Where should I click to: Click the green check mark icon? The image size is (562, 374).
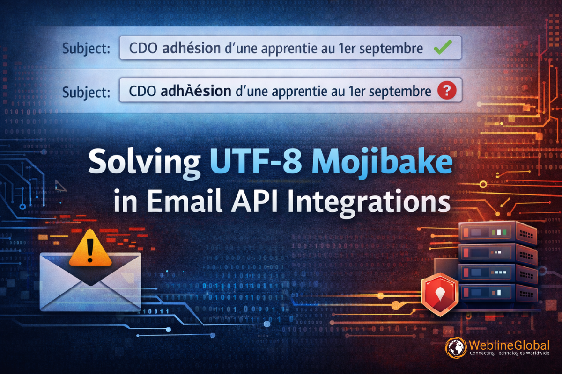(x=442, y=48)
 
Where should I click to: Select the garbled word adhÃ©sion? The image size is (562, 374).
(x=195, y=90)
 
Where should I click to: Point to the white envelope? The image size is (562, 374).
(x=90, y=283)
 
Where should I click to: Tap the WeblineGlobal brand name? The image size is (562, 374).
(x=509, y=345)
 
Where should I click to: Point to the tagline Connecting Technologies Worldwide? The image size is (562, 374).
(x=509, y=354)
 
